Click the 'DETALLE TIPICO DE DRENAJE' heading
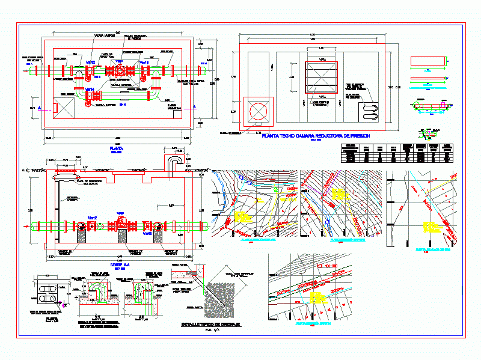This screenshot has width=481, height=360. [210, 324]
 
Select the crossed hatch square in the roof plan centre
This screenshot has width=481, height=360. [322, 76]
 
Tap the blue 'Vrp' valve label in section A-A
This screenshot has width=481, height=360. [120, 213]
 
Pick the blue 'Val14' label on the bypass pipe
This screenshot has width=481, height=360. [90, 90]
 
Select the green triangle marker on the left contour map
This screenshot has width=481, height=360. [275, 190]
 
